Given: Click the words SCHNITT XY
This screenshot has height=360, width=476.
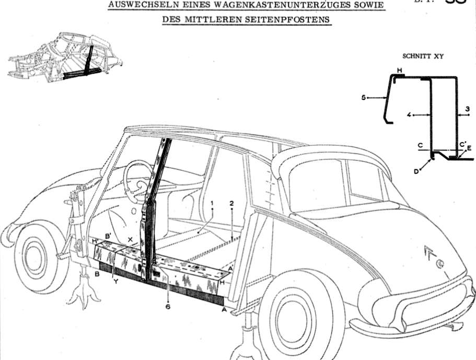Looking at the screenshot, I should tap(422, 55).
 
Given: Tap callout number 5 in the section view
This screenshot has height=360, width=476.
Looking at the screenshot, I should tap(364, 97).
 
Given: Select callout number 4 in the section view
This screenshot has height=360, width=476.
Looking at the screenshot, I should tap(409, 114).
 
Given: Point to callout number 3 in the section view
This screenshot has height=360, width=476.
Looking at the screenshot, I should tap(468, 108).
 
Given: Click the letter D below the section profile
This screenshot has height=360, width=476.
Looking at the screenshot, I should tap(417, 171).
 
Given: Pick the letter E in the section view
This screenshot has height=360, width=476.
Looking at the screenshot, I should tap(469, 148).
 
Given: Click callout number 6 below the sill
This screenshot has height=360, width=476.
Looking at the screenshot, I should tap(168, 306).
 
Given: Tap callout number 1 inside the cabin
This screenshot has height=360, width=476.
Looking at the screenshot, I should tap(213, 202).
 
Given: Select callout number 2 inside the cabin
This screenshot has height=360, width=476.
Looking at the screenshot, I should tap(231, 202).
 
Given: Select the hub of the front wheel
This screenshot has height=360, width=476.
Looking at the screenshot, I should tap(34, 258).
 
